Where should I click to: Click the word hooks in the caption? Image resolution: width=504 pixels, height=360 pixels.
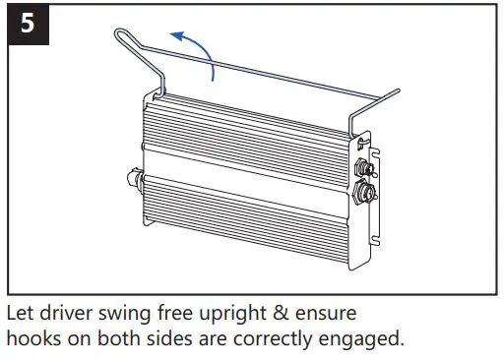32,339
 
